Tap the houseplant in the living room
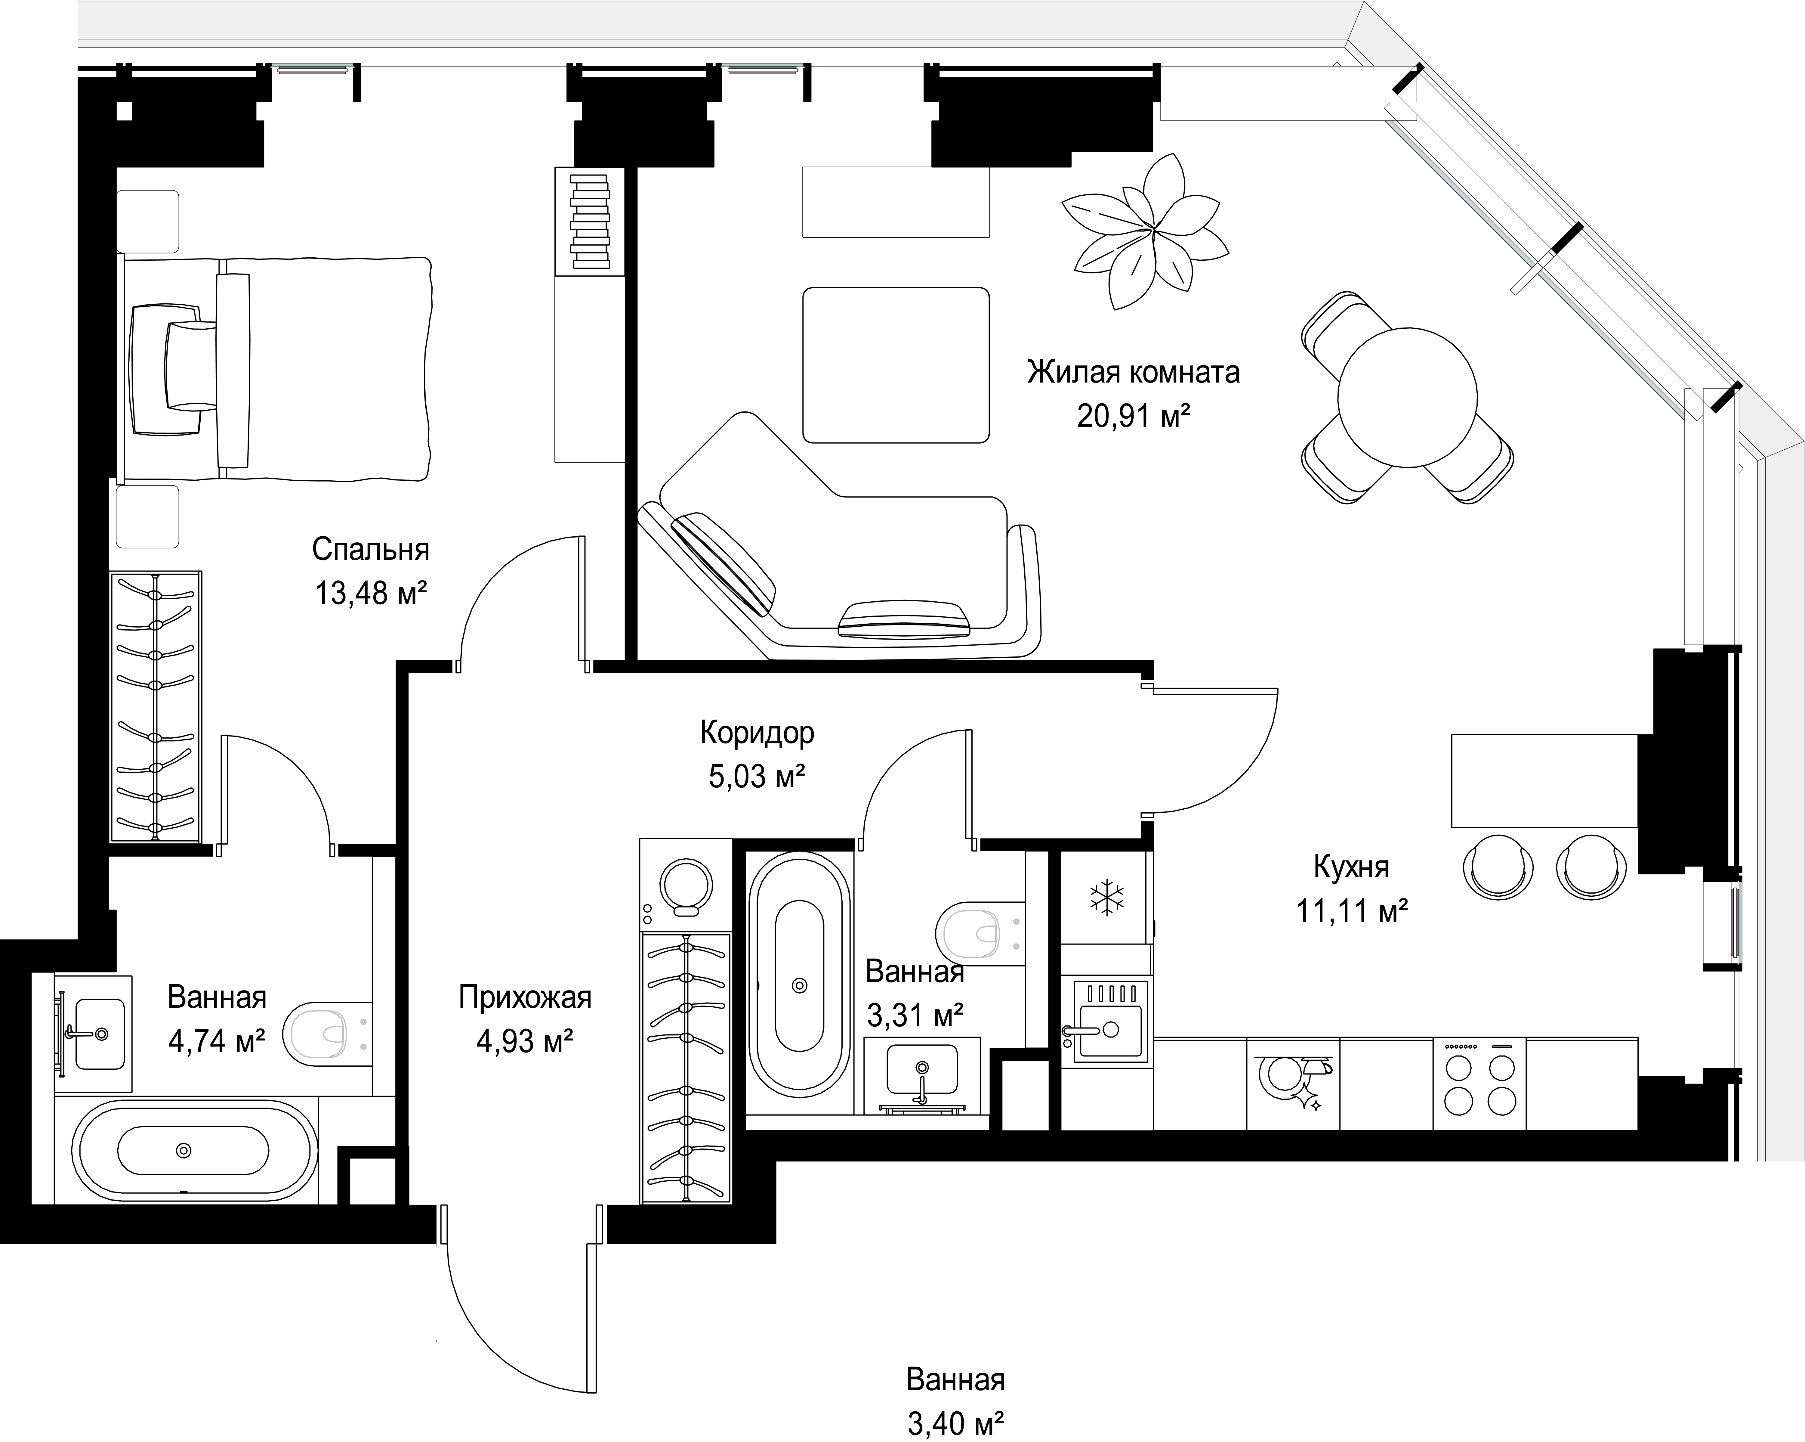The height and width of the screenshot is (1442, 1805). pos(1144,231)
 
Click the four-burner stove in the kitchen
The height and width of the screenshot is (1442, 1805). pos(1479,1084)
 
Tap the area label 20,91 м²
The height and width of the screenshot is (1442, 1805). pos(1134,415)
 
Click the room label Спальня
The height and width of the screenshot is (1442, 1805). pos(371,549)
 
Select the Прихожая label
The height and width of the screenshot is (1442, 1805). pos(525,997)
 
